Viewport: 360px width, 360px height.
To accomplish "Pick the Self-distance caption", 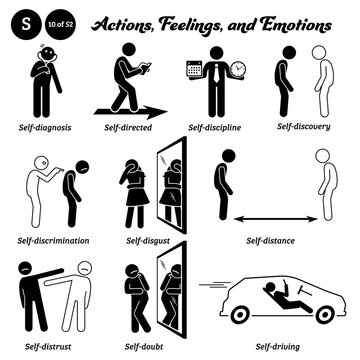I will click(276, 240).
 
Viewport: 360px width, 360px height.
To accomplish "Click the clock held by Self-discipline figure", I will click(240, 71).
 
